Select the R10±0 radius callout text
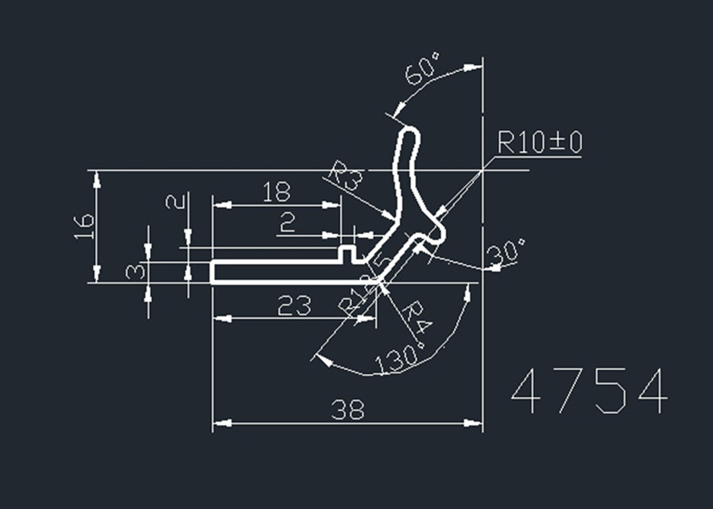(539, 143)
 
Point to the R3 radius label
(345, 177)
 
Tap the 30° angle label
(507, 252)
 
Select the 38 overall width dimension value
(348, 411)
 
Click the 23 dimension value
(295, 305)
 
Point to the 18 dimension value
(277, 192)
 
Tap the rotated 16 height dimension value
(83, 227)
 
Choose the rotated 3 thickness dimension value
(134, 271)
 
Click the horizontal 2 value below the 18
(288, 222)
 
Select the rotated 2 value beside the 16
(175, 203)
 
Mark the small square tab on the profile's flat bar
(348, 252)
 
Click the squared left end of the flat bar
(212, 271)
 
